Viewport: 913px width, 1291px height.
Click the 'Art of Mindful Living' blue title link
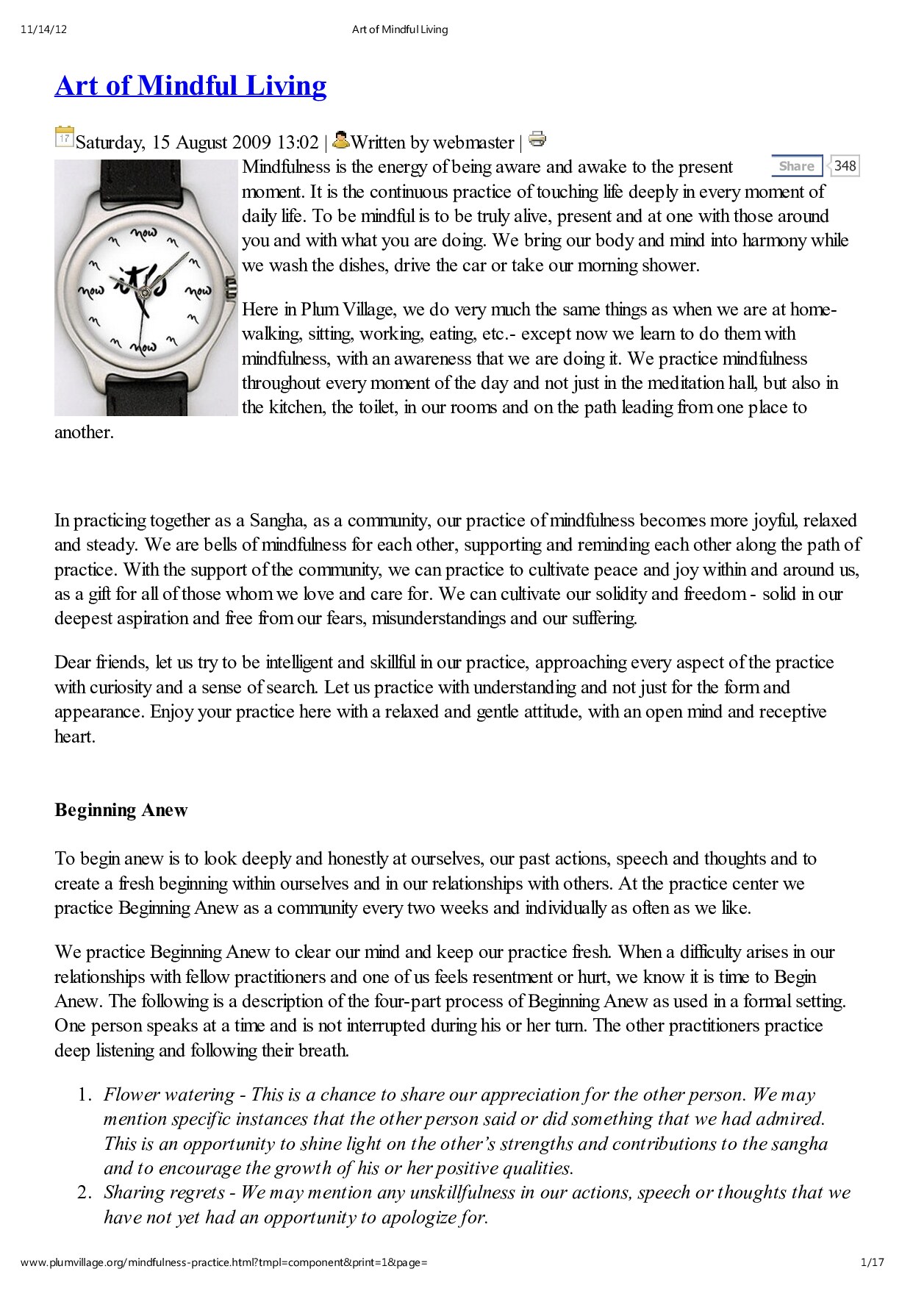[190, 86]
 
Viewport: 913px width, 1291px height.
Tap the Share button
[796, 166]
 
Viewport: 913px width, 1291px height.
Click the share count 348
[845, 166]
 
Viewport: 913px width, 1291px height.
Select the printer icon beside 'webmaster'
[537, 139]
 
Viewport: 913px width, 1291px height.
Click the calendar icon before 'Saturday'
[64, 137]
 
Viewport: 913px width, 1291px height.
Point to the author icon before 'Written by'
[341, 139]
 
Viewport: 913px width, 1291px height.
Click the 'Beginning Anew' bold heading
[121, 810]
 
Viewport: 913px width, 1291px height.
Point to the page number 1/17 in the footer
[872, 1262]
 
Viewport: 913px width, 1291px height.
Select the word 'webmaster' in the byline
[473, 142]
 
